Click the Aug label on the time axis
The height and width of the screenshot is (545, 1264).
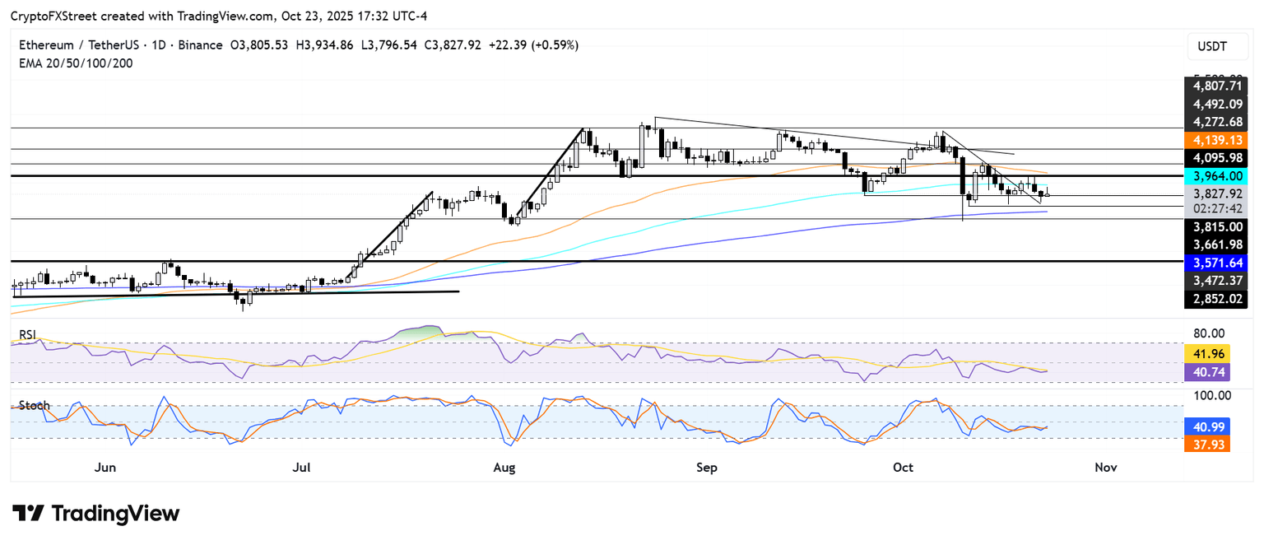(x=504, y=468)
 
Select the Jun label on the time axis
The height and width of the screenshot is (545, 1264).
(x=105, y=468)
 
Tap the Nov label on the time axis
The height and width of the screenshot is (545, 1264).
(x=1105, y=468)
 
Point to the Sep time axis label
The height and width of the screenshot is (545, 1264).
(x=707, y=468)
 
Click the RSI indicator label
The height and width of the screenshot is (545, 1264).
(x=30, y=334)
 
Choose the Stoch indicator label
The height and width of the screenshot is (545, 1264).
(x=35, y=406)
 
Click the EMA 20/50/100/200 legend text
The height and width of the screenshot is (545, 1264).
(x=76, y=63)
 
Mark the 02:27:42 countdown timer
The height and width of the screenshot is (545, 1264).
(x=1214, y=209)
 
